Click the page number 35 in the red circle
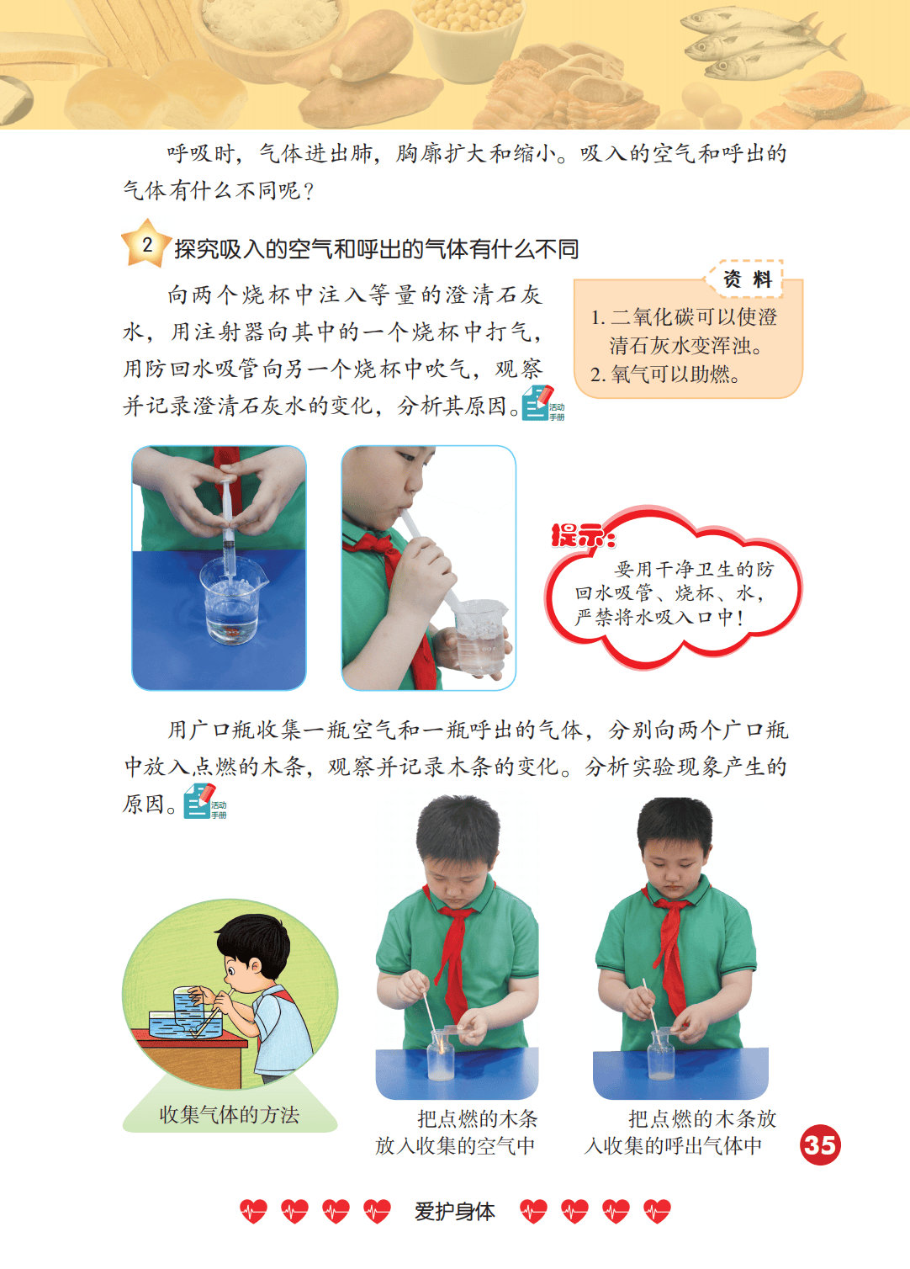pos(820,1144)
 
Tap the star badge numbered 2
pos(146,244)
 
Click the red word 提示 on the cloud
pos(582,535)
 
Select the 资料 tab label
pos(747,279)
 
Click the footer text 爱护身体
pos(454,1211)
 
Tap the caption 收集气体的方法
pos(230,1115)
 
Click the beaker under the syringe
pos(231,602)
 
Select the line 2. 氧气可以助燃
pos(665,374)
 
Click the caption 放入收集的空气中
pos(455,1145)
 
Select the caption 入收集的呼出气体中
pos(674,1145)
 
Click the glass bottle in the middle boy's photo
pos(441,1056)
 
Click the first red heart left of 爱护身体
pos(253,1211)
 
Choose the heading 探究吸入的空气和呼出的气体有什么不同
pos(376,249)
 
